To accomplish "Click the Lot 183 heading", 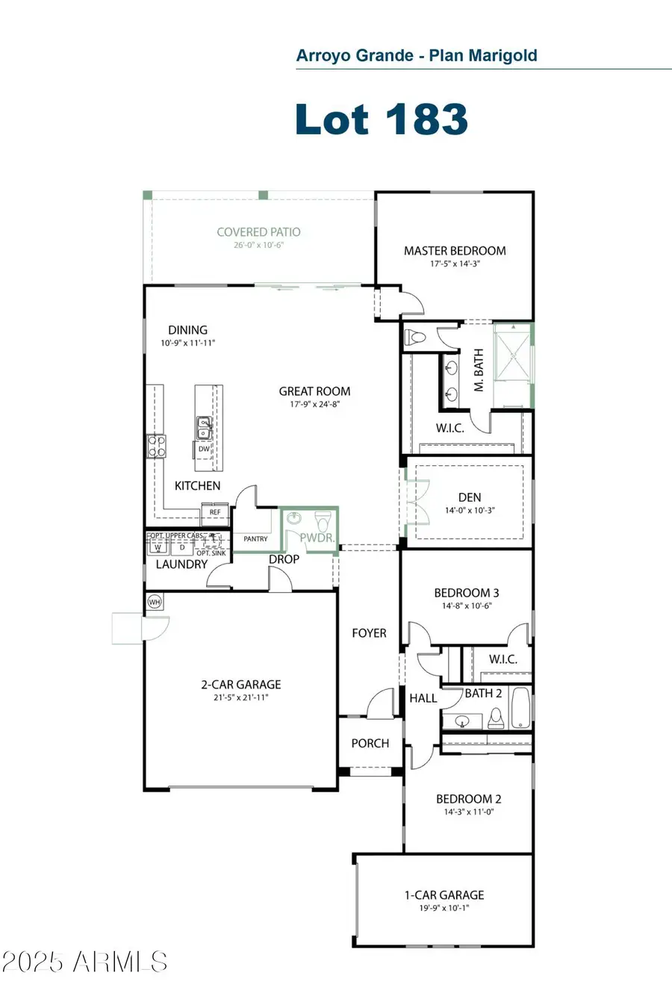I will (x=382, y=119).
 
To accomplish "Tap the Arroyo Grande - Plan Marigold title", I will (x=417, y=55).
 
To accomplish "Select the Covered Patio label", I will (x=258, y=232).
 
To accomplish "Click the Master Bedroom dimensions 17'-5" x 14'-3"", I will (x=455, y=264).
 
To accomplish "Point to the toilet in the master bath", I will (x=416, y=337).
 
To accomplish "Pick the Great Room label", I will (x=314, y=391).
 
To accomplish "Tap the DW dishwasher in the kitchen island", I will (x=204, y=449).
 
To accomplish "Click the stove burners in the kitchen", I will (x=157, y=446).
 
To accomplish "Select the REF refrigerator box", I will (x=215, y=513).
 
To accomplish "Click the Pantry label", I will (x=255, y=538).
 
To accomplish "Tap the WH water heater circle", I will (x=155, y=602).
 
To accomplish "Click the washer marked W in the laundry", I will (x=158, y=547).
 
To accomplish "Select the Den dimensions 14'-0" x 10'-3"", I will (x=470, y=511).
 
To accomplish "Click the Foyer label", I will (x=369, y=633).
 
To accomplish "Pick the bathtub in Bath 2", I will (x=520, y=707).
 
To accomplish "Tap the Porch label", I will (x=370, y=743).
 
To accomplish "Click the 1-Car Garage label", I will (x=444, y=895).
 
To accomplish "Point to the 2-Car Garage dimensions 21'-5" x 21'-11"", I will (x=240, y=697).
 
